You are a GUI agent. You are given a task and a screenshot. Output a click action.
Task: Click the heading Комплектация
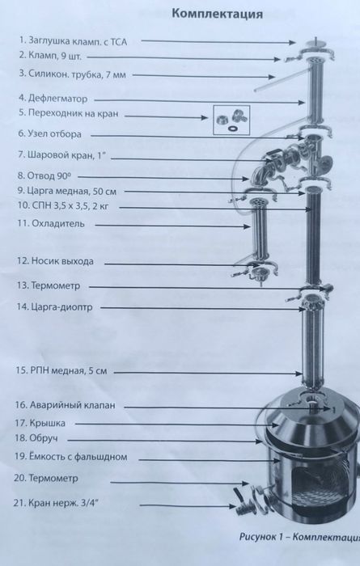tap(217, 14)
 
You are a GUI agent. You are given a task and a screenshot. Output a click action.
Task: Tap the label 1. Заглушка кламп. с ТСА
tap(74, 40)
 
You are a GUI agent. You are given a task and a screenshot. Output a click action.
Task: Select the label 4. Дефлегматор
tap(53, 98)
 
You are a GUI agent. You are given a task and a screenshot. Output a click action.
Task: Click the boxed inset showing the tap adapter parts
tap(231, 120)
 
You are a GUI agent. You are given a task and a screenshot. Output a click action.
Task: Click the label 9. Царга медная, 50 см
tap(67, 191)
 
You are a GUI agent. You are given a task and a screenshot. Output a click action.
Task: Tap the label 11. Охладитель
tap(51, 223)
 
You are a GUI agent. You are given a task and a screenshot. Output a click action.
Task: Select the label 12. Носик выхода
tap(55, 261)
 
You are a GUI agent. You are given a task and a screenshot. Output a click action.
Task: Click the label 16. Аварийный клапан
tap(66, 405)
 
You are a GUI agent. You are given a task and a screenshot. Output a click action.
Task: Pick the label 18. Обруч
tap(36, 438)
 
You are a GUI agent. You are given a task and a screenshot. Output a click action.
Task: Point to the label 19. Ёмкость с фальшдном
tap(70, 457)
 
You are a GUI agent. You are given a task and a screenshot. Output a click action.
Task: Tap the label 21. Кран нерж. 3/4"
tap(56, 503)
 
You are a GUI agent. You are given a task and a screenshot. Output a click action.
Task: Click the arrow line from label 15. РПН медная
tap(208, 373)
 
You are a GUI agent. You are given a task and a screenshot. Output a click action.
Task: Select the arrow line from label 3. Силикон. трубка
tap(204, 76)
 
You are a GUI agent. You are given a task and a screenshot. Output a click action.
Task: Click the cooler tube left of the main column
tap(259, 231)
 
